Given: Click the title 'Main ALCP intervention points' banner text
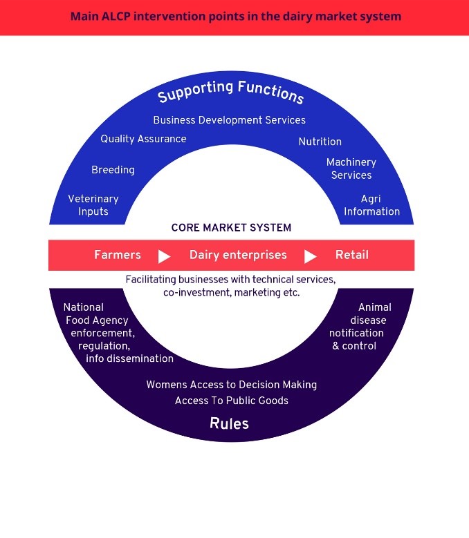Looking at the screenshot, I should tap(235, 16).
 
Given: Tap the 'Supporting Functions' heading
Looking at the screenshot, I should tap(231, 92).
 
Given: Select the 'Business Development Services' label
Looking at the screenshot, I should tap(229, 120).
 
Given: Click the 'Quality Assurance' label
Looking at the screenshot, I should tap(143, 139).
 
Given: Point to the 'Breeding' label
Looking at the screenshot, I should tap(113, 170).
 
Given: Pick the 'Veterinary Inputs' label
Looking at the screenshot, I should tap(93, 205).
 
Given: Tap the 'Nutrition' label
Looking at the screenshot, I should tap(320, 142).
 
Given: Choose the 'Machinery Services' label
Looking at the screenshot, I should tap(351, 169).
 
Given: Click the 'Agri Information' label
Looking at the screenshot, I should tap(371, 205).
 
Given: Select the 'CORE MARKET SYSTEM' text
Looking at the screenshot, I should tap(231, 227).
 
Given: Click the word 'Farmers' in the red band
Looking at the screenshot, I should tap(118, 255).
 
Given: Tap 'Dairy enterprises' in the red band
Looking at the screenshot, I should tap(238, 255).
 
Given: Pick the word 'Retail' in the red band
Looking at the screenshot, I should tap(352, 255).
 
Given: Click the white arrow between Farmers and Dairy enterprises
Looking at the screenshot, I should tap(164, 256).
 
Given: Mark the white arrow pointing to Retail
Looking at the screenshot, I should tap(310, 256).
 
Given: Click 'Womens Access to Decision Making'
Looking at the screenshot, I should tap(231, 385).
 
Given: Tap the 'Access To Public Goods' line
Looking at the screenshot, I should tap(231, 401).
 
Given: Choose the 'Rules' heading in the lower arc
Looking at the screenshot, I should tap(229, 423).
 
